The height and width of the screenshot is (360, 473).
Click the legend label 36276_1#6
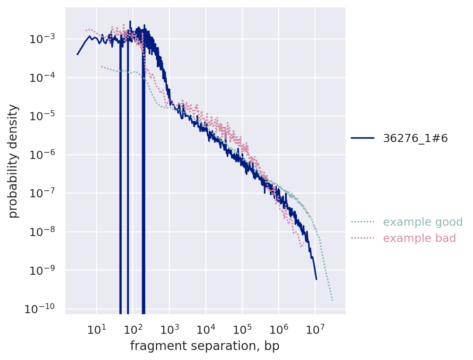(415, 138)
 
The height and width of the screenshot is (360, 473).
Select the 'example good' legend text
(423, 222)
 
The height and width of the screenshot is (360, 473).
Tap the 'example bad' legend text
(420, 238)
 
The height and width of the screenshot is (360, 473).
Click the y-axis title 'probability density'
(13, 161)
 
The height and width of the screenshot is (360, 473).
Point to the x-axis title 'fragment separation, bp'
(205, 346)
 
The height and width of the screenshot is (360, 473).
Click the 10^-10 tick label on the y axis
(41, 308)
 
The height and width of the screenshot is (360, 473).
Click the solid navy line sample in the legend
(362, 138)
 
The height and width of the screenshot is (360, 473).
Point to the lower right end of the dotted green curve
(332, 300)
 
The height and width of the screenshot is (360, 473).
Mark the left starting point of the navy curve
(77, 55)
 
